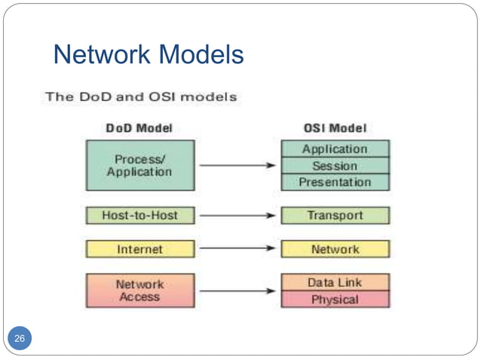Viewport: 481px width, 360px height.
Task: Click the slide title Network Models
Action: [x=149, y=54]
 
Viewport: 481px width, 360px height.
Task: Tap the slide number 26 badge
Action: [x=20, y=339]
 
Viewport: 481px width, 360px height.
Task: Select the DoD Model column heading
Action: [x=139, y=128]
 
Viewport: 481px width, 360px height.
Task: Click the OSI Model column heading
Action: [x=335, y=128]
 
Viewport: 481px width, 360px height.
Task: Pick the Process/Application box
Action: [x=139, y=165]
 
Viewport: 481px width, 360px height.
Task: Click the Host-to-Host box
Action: [x=139, y=215]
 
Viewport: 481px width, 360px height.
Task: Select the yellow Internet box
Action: [x=139, y=249]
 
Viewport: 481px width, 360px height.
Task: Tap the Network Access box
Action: [x=139, y=291]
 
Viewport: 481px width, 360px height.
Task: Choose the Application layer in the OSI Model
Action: [x=335, y=149]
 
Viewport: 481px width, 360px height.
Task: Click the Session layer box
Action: [x=335, y=166]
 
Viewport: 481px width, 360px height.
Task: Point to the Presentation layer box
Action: [x=335, y=182]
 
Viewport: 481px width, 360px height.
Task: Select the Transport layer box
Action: [x=335, y=215]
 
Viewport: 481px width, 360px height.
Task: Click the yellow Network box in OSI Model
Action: [x=335, y=249]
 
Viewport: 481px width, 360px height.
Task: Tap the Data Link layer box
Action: [x=335, y=282]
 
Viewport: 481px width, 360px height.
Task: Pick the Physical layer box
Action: [x=335, y=300]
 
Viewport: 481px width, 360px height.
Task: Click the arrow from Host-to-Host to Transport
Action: [x=237, y=215]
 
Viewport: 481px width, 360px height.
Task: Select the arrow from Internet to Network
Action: [x=237, y=249]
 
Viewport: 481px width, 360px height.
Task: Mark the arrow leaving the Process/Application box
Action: [x=237, y=166]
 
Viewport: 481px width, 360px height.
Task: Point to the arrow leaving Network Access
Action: [x=237, y=291]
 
